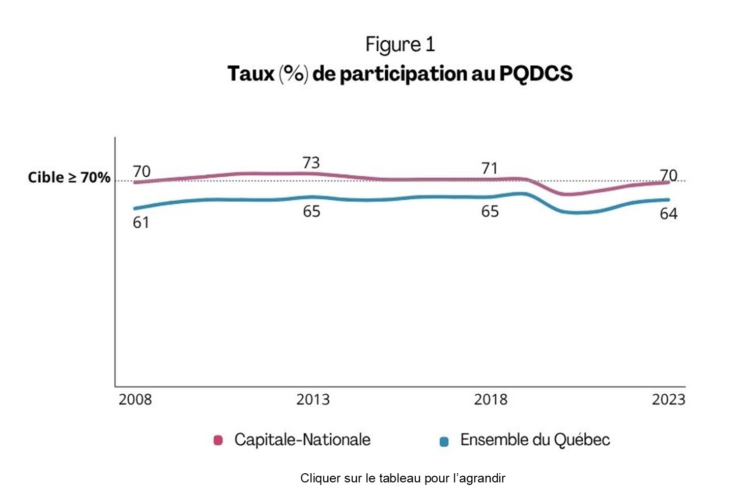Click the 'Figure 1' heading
pyautogui.click(x=400, y=45)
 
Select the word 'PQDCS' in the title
pyautogui.click(x=535, y=73)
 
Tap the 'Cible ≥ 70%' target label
pyautogui.click(x=69, y=177)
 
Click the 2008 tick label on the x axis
pyautogui.click(x=135, y=399)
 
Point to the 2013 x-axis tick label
pyautogui.click(x=312, y=399)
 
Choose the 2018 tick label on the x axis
pyautogui.click(x=490, y=399)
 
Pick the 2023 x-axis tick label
pyautogui.click(x=668, y=399)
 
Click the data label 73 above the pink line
pyautogui.click(x=311, y=162)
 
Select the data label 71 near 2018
pyautogui.click(x=489, y=168)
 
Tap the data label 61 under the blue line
pyautogui.click(x=141, y=223)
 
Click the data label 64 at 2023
pyautogui.click(x=668, y=213)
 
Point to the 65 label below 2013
pyautogui.click(x=311, y=211)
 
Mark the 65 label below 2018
pyautogui.click(x=490, y=211)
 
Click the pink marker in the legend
pyautogui.click(x=218, y=440)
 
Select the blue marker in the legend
pyautogui.click(x=444, y=441)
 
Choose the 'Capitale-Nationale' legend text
pyautogui.click(x=302, y=440)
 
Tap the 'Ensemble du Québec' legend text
pyautogui.click(x=535, y=440)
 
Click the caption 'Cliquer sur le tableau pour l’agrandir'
pyautogui.click(x=403, y=478)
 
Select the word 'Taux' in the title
pyautogui.click(x=250, y=73)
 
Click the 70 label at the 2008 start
pyautogui.click(x=141, y=171)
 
